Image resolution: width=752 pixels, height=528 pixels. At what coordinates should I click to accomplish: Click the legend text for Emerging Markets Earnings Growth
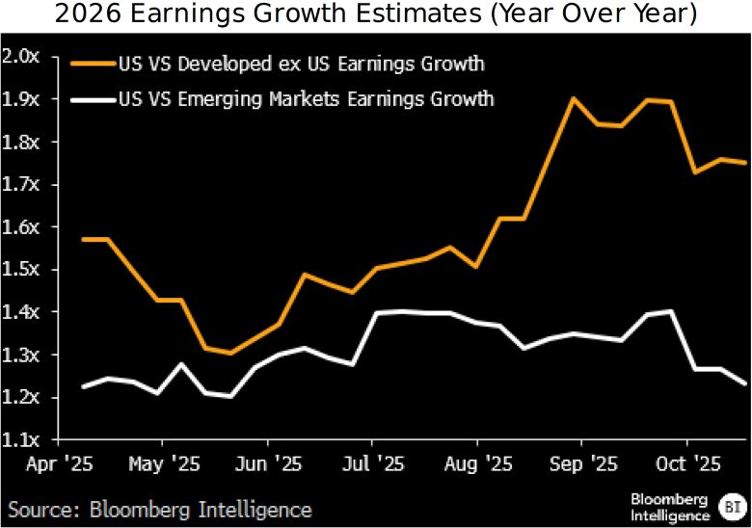coord(305,98)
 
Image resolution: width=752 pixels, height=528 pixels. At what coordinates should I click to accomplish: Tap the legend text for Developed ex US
coord(300,65)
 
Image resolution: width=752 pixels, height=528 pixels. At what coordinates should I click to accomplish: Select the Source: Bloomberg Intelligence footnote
coord(160,508)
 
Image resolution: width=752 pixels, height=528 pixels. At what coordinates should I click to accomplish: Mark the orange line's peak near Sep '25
coord(573,98)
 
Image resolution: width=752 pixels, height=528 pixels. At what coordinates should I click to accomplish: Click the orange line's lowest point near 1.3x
coord(229,353)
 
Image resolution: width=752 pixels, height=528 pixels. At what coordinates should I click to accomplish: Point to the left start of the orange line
coord(84,239)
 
